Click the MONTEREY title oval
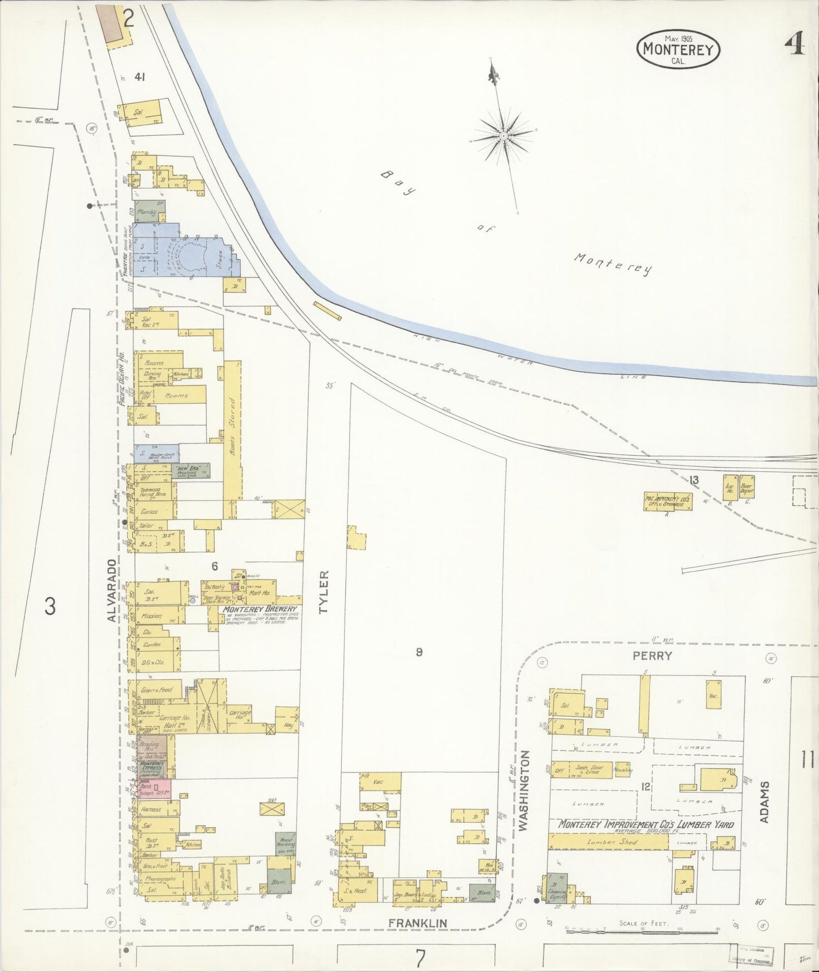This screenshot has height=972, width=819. tap(678, 49)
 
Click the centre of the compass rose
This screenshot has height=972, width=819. tap(503, 137)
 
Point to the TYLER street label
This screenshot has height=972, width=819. tap(324, 593)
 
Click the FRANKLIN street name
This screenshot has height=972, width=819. tap(418, 923)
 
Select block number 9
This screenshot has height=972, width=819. tap(419, 652)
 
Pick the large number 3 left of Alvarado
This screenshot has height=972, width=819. tap(50, 607)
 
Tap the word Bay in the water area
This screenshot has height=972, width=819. tap(401, 183)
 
